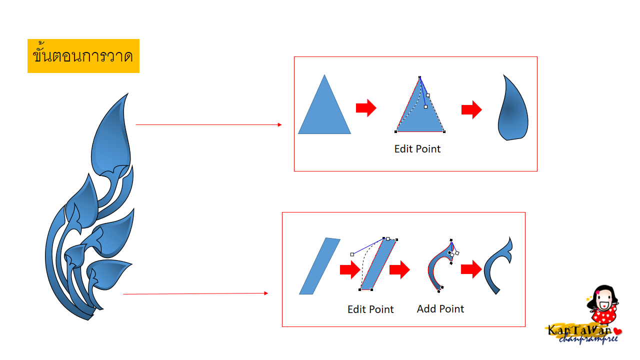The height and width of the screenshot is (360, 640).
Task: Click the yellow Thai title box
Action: click(x=83, y=56)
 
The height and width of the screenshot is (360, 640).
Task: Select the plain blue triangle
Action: click(x=324, y=111)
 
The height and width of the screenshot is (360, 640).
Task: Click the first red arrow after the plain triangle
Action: click(x=366, y=108)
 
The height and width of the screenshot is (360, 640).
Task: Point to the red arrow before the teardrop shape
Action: click(x=471, y=109)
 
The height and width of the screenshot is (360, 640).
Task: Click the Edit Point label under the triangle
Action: click(x=417, y=149)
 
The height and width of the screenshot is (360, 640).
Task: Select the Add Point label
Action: click(x=440, y=309)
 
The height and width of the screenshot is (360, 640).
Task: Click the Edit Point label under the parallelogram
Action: click(x=370, y=309)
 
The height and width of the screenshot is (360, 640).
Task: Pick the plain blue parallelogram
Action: click(x=319, y=266)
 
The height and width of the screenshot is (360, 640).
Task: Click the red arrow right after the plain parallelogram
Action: click(x=350, y=269)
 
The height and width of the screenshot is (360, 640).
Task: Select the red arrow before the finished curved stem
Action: click(x=471, y=269)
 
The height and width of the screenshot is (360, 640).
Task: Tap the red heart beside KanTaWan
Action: click(x=617, y=331)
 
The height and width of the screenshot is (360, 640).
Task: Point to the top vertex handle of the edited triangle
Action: click(x=419, y=77)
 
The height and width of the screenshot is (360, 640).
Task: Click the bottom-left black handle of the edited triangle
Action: click(x=395, y=131)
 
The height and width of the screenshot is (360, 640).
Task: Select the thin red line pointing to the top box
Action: click(x=208, y=124)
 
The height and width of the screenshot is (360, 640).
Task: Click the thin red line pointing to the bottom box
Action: click(x=195, y=293)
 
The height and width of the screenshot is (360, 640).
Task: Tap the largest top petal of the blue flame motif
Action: click(x=111, y=134)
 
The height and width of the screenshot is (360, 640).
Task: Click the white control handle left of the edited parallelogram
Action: click(x=352, y=254)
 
